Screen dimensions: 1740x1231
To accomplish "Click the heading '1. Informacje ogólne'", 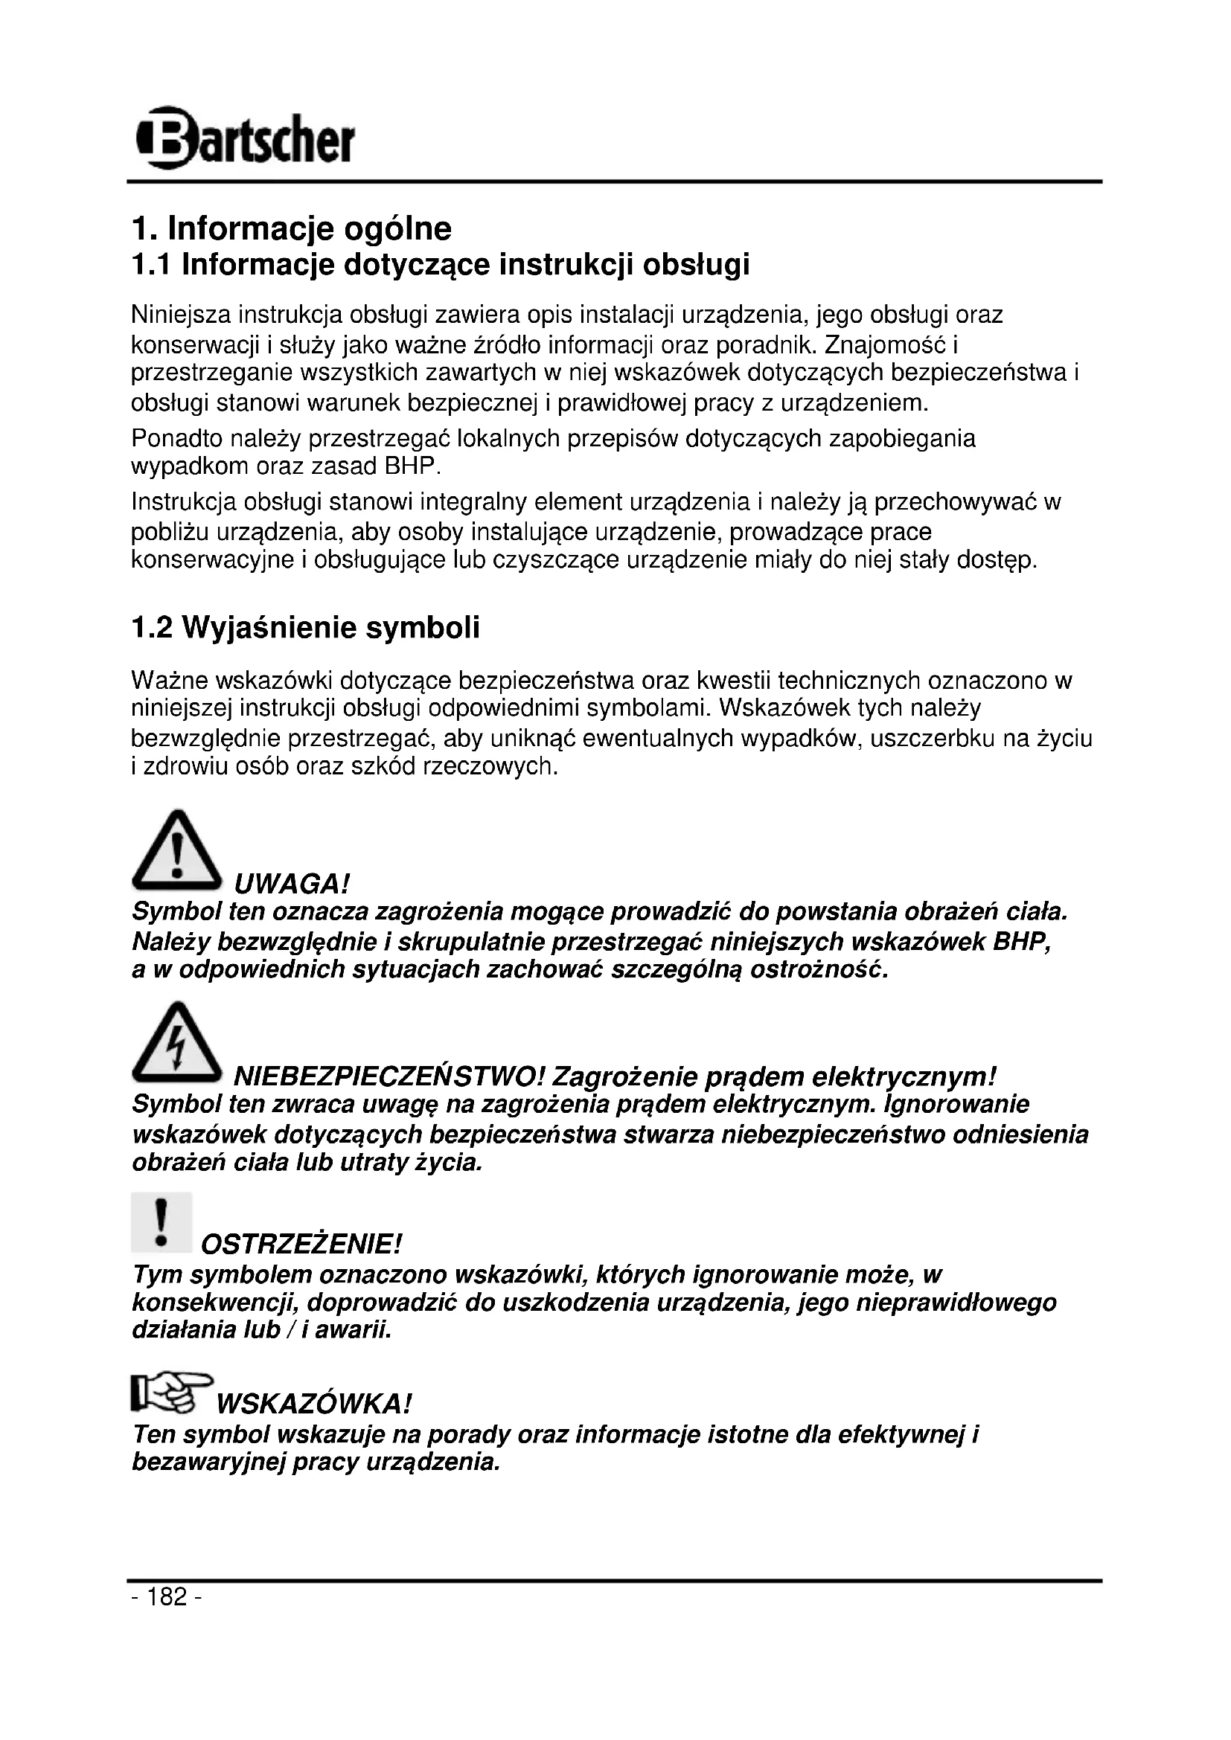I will [x=291, y=228].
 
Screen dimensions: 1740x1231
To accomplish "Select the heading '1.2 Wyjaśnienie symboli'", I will [x=305, y=629].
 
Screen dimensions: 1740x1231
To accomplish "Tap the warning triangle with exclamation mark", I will [x=176, y=850].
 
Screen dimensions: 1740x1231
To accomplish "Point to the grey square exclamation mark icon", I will [x=161, y=1222].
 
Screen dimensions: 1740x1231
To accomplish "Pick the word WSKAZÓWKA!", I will [x=314, y=1404].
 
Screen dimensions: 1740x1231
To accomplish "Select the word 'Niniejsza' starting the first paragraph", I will [x=181, y=315].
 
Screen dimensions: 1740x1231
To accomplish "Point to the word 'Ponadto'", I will [x=176, y=438].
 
